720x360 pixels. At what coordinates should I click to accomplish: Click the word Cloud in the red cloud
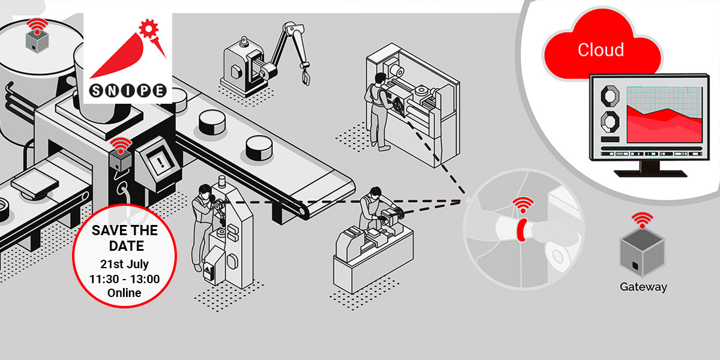tap(601, 50)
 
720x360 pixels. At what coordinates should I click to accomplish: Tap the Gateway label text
tap(643, 287)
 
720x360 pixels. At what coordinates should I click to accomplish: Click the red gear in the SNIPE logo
tap(149, 29)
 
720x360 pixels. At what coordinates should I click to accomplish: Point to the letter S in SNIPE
tap(96, 91)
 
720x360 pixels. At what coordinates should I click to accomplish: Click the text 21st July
tap(124, 264)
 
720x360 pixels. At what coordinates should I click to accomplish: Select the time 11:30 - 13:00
tap(124, 279)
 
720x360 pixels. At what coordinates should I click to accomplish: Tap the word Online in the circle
tap(124, 293)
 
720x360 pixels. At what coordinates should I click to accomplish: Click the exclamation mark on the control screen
tap(161, 161)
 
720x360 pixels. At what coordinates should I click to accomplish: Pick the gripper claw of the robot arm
tap(305, 77)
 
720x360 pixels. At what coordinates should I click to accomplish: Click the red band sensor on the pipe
tap(521, 230)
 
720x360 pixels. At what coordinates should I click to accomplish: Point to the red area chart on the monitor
tap(664, 125)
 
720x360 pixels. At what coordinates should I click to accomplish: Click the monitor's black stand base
tap(650, 173)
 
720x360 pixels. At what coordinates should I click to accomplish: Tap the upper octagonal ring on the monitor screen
tap(610, 96)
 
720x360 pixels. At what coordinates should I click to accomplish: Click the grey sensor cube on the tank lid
tap(37, 42)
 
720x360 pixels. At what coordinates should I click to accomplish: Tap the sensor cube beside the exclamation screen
tap(120, 161)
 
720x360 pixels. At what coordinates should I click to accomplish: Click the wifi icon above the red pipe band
tap(523, 205)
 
